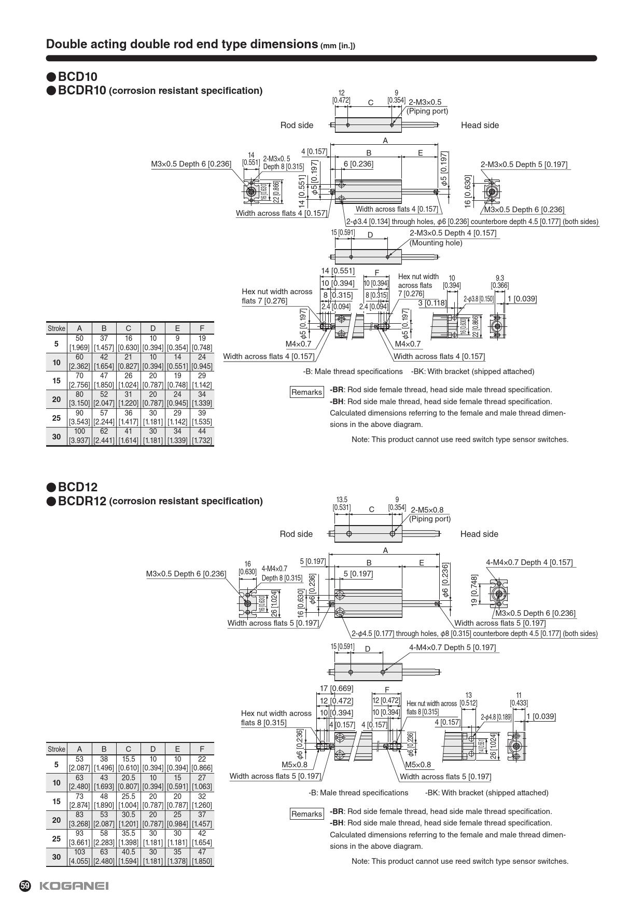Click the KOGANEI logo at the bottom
click(74, 886)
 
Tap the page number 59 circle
click(25, 886)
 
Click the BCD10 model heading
click(77, 77)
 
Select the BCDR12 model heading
click(82, 501)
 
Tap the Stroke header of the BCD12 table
click(57, 749)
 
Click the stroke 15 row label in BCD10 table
click(57, 380)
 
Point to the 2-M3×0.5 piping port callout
click(425, 102)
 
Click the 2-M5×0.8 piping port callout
click(427, 510)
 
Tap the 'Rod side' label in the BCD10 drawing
click(297, 125)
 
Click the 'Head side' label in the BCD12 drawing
click(479, 534)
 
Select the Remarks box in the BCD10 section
click(306, 392)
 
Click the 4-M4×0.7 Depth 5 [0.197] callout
click(452, 647)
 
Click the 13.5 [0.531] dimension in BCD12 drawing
click(342, 503)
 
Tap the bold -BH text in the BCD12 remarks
click(337, 823)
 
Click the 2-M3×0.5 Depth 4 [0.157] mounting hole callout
click(453, 233)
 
